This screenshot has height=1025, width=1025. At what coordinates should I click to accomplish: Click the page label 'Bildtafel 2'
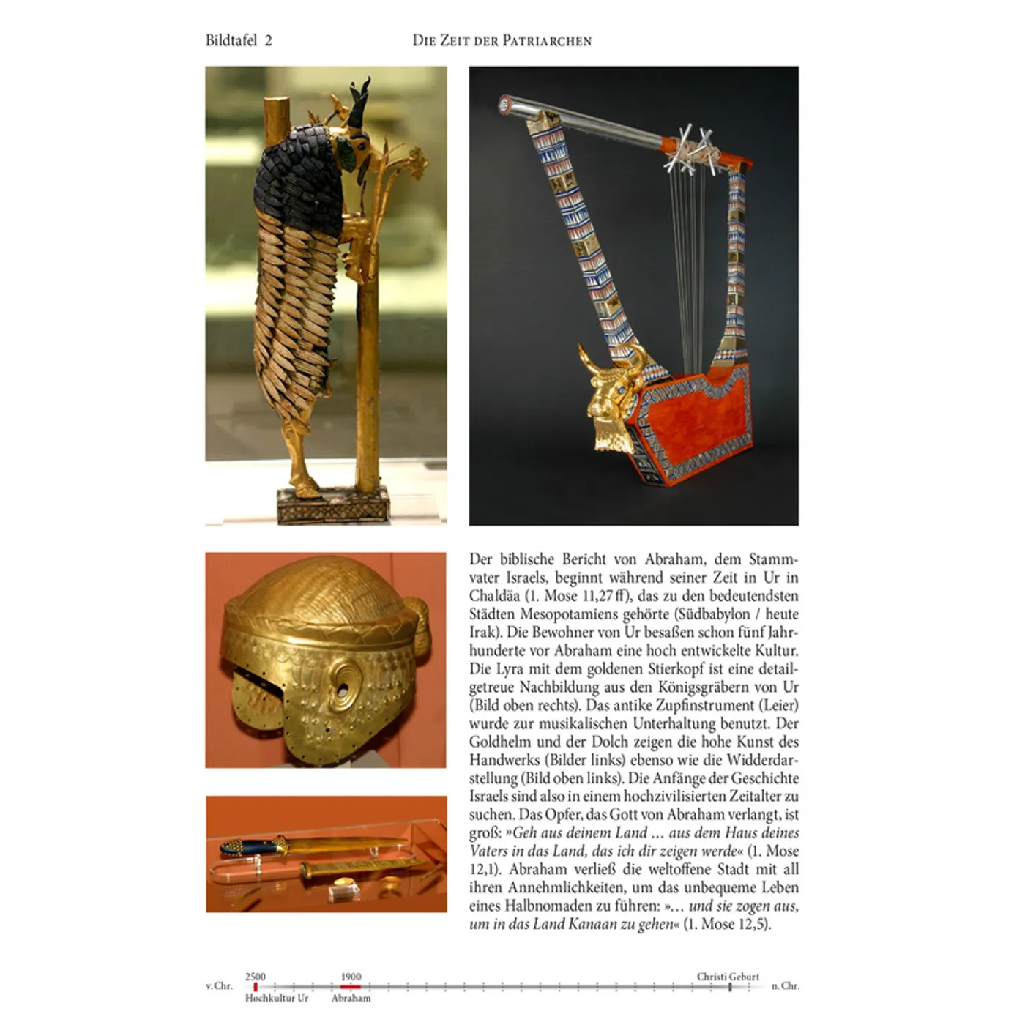point(239,40)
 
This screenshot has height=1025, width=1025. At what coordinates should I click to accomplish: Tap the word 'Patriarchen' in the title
point(547,41)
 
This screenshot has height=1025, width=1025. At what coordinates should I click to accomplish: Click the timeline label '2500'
point(256,977)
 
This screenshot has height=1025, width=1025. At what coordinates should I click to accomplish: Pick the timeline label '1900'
point(351,977)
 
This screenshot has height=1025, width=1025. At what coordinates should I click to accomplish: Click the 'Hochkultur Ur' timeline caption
point(277,998)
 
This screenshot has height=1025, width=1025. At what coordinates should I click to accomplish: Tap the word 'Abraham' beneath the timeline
point(351,998)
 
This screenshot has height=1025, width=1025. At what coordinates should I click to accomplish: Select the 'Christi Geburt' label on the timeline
point(728,977)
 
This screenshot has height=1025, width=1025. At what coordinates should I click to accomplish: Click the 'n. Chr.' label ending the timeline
point(786,986)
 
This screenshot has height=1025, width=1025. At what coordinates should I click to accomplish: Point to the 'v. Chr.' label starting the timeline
point(219,986)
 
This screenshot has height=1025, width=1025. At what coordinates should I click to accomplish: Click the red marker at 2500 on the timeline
point(256,987)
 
